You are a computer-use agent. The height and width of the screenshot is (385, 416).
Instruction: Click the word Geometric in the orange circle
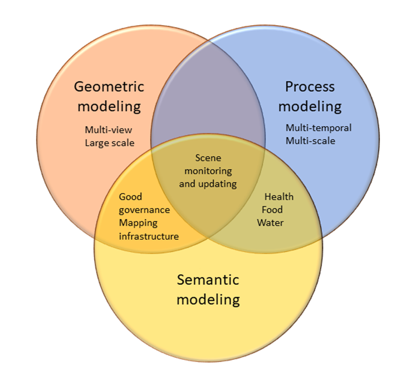click(x=109, y=87)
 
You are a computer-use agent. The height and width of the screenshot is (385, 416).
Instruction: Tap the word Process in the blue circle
click(x=310, y=87)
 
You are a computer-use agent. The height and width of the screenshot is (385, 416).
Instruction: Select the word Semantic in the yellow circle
click(x=208, y=280)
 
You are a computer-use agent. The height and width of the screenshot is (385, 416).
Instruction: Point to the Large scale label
click(x=109, y=142)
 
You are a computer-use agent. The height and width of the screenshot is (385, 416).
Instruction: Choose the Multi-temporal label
click(x=319, y=128)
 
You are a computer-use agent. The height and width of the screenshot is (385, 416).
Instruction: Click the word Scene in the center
click(x=208, y=159)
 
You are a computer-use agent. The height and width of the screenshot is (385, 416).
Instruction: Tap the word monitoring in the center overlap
click(x=208, y=171)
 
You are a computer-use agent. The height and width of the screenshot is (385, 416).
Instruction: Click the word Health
click(x=278, y=197)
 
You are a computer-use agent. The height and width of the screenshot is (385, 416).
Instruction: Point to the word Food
click(x=272, y=210)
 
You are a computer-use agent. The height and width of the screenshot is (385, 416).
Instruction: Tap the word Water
click(x=270, y=223)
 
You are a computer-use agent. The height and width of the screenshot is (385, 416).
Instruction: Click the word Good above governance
click(x=130, y=197)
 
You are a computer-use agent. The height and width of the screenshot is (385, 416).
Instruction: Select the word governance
click(x=144, y=210)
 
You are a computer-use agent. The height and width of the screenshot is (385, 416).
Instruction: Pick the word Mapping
click(x=138, y=223)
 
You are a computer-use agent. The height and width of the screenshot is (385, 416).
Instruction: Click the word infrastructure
click(x=149, y=236)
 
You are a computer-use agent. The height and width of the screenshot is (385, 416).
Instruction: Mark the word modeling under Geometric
click(x=109, y=106)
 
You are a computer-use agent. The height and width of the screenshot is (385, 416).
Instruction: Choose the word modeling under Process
click(x=310, y=106)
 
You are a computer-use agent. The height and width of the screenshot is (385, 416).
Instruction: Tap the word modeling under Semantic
click(x=208, y=299)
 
